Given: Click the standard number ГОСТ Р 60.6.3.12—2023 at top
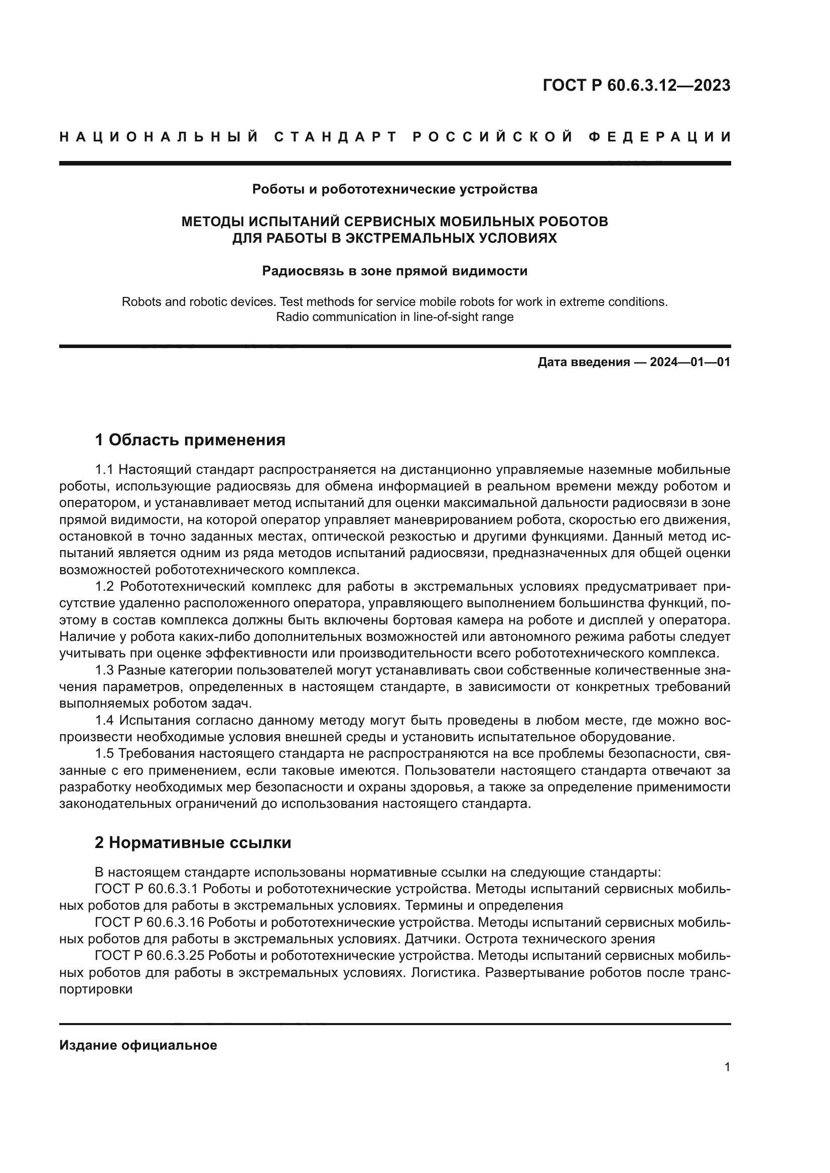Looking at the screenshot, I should (x=636, y=86).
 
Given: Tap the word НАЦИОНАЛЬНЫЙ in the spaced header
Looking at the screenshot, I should (x=159, y=137).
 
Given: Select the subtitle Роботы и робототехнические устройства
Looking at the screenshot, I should (x=394, y=190).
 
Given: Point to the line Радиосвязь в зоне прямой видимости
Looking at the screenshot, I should (x=394, y=271).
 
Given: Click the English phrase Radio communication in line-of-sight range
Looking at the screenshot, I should (x=394, y=317).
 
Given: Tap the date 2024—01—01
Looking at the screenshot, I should (x=690, y=362).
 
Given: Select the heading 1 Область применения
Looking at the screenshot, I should (x=190, y=439).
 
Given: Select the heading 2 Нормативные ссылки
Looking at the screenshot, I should (x=193, y=843).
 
